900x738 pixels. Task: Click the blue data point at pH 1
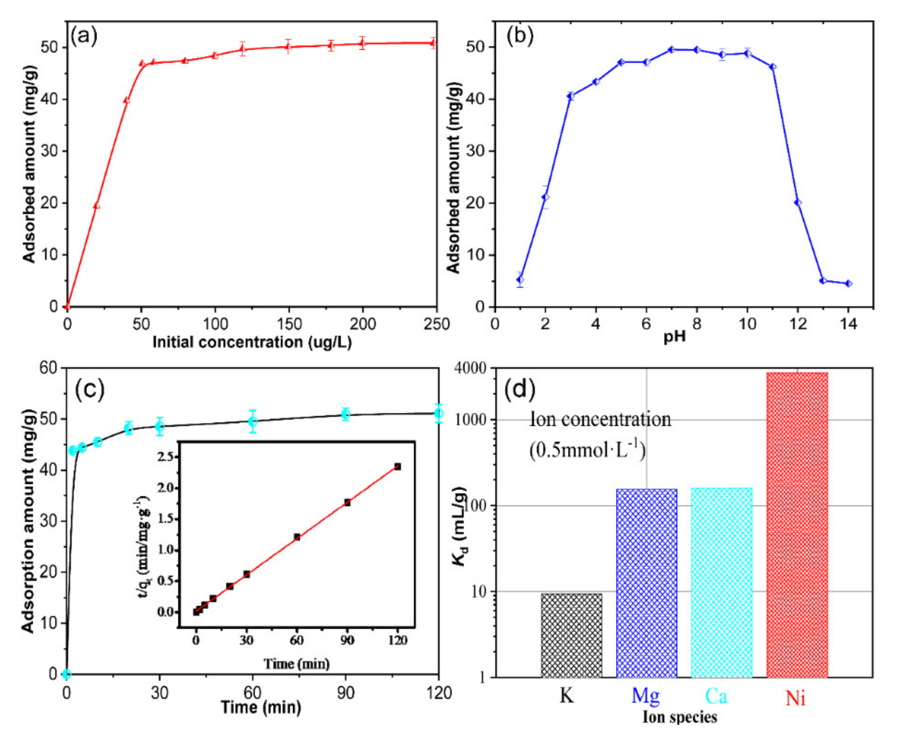[520, 280]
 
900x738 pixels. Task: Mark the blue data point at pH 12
[798, 203]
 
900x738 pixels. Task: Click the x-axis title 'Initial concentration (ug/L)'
[252, 342]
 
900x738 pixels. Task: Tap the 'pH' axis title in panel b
[675, 337]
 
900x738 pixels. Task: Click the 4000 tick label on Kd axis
[469, 368]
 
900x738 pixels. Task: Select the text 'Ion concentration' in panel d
[600, 420]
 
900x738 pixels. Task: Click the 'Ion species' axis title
[680, 717]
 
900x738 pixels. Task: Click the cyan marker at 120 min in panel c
[439, 413]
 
